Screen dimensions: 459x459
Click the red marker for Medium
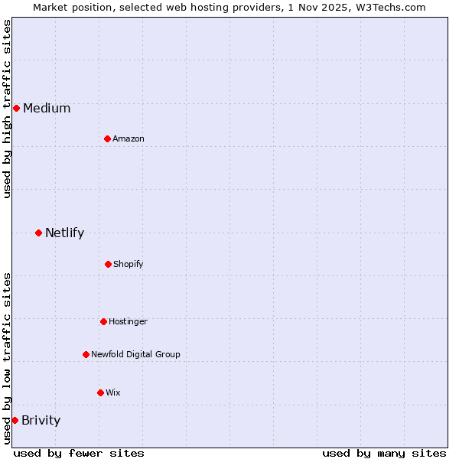pos(16,108)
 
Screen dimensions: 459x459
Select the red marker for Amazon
pos(107,138)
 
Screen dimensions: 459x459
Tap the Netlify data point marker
pos(38,233)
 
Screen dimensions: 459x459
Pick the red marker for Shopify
pos(108,264)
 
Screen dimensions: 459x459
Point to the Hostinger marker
pos(103,321)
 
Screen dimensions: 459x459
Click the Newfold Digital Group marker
pos(86,354)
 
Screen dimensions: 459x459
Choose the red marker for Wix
pos(100,392)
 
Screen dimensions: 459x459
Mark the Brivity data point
pos(15,420)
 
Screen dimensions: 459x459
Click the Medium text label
pos(47,108)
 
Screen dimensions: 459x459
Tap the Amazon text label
pos(129,138)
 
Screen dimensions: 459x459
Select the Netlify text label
pos(64,233)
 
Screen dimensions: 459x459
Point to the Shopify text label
pos(129,264)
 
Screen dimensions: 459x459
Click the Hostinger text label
pos(128,321)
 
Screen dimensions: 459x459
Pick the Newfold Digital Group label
pos(135,354)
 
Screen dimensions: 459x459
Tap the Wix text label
pos(113,392)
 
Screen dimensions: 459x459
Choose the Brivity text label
pos(41,420)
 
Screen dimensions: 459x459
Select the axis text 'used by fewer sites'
pos(79,453)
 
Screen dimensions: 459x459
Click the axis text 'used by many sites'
pos(384,453)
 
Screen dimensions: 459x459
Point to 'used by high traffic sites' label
pos(7,109)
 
